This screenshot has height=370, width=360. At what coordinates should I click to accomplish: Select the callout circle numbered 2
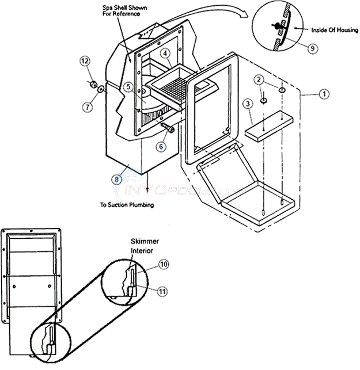coord(260,79)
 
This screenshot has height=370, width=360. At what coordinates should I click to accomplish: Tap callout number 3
coord(247,104)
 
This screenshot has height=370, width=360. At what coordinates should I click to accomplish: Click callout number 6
coord(162,146)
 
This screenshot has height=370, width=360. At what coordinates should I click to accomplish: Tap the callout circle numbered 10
coord(164,264)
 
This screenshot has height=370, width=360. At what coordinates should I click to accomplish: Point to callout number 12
coord(85,60)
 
